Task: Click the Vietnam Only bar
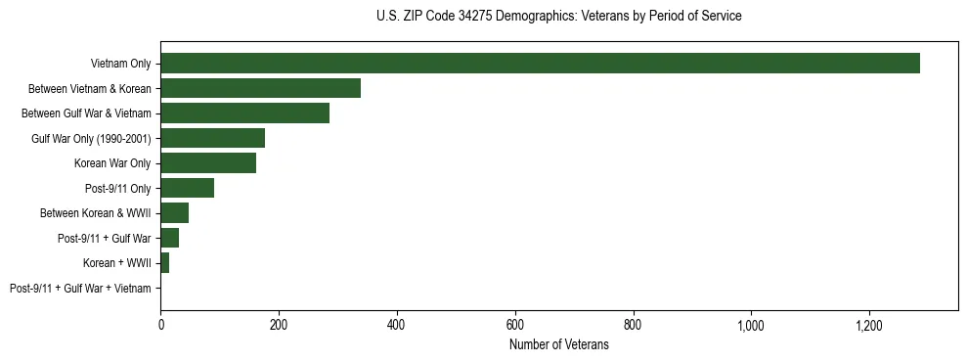point(540,64)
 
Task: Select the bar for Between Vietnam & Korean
point(260,88)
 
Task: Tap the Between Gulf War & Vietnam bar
point(244,113)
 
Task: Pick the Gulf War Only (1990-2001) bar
point(212,138)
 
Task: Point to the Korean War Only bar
point(208,163)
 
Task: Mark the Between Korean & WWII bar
point(174,213)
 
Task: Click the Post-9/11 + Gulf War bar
point(169,238)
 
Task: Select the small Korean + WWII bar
point(164,263)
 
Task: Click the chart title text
point(558,17)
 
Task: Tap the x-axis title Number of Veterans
point(558,345)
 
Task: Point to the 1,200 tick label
point(869,324)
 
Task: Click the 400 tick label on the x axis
point(397,324)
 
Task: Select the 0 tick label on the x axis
point(160,324)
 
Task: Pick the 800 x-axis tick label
point(633,324)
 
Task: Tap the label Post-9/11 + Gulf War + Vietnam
point(80,289)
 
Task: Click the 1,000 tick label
point(751,324)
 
